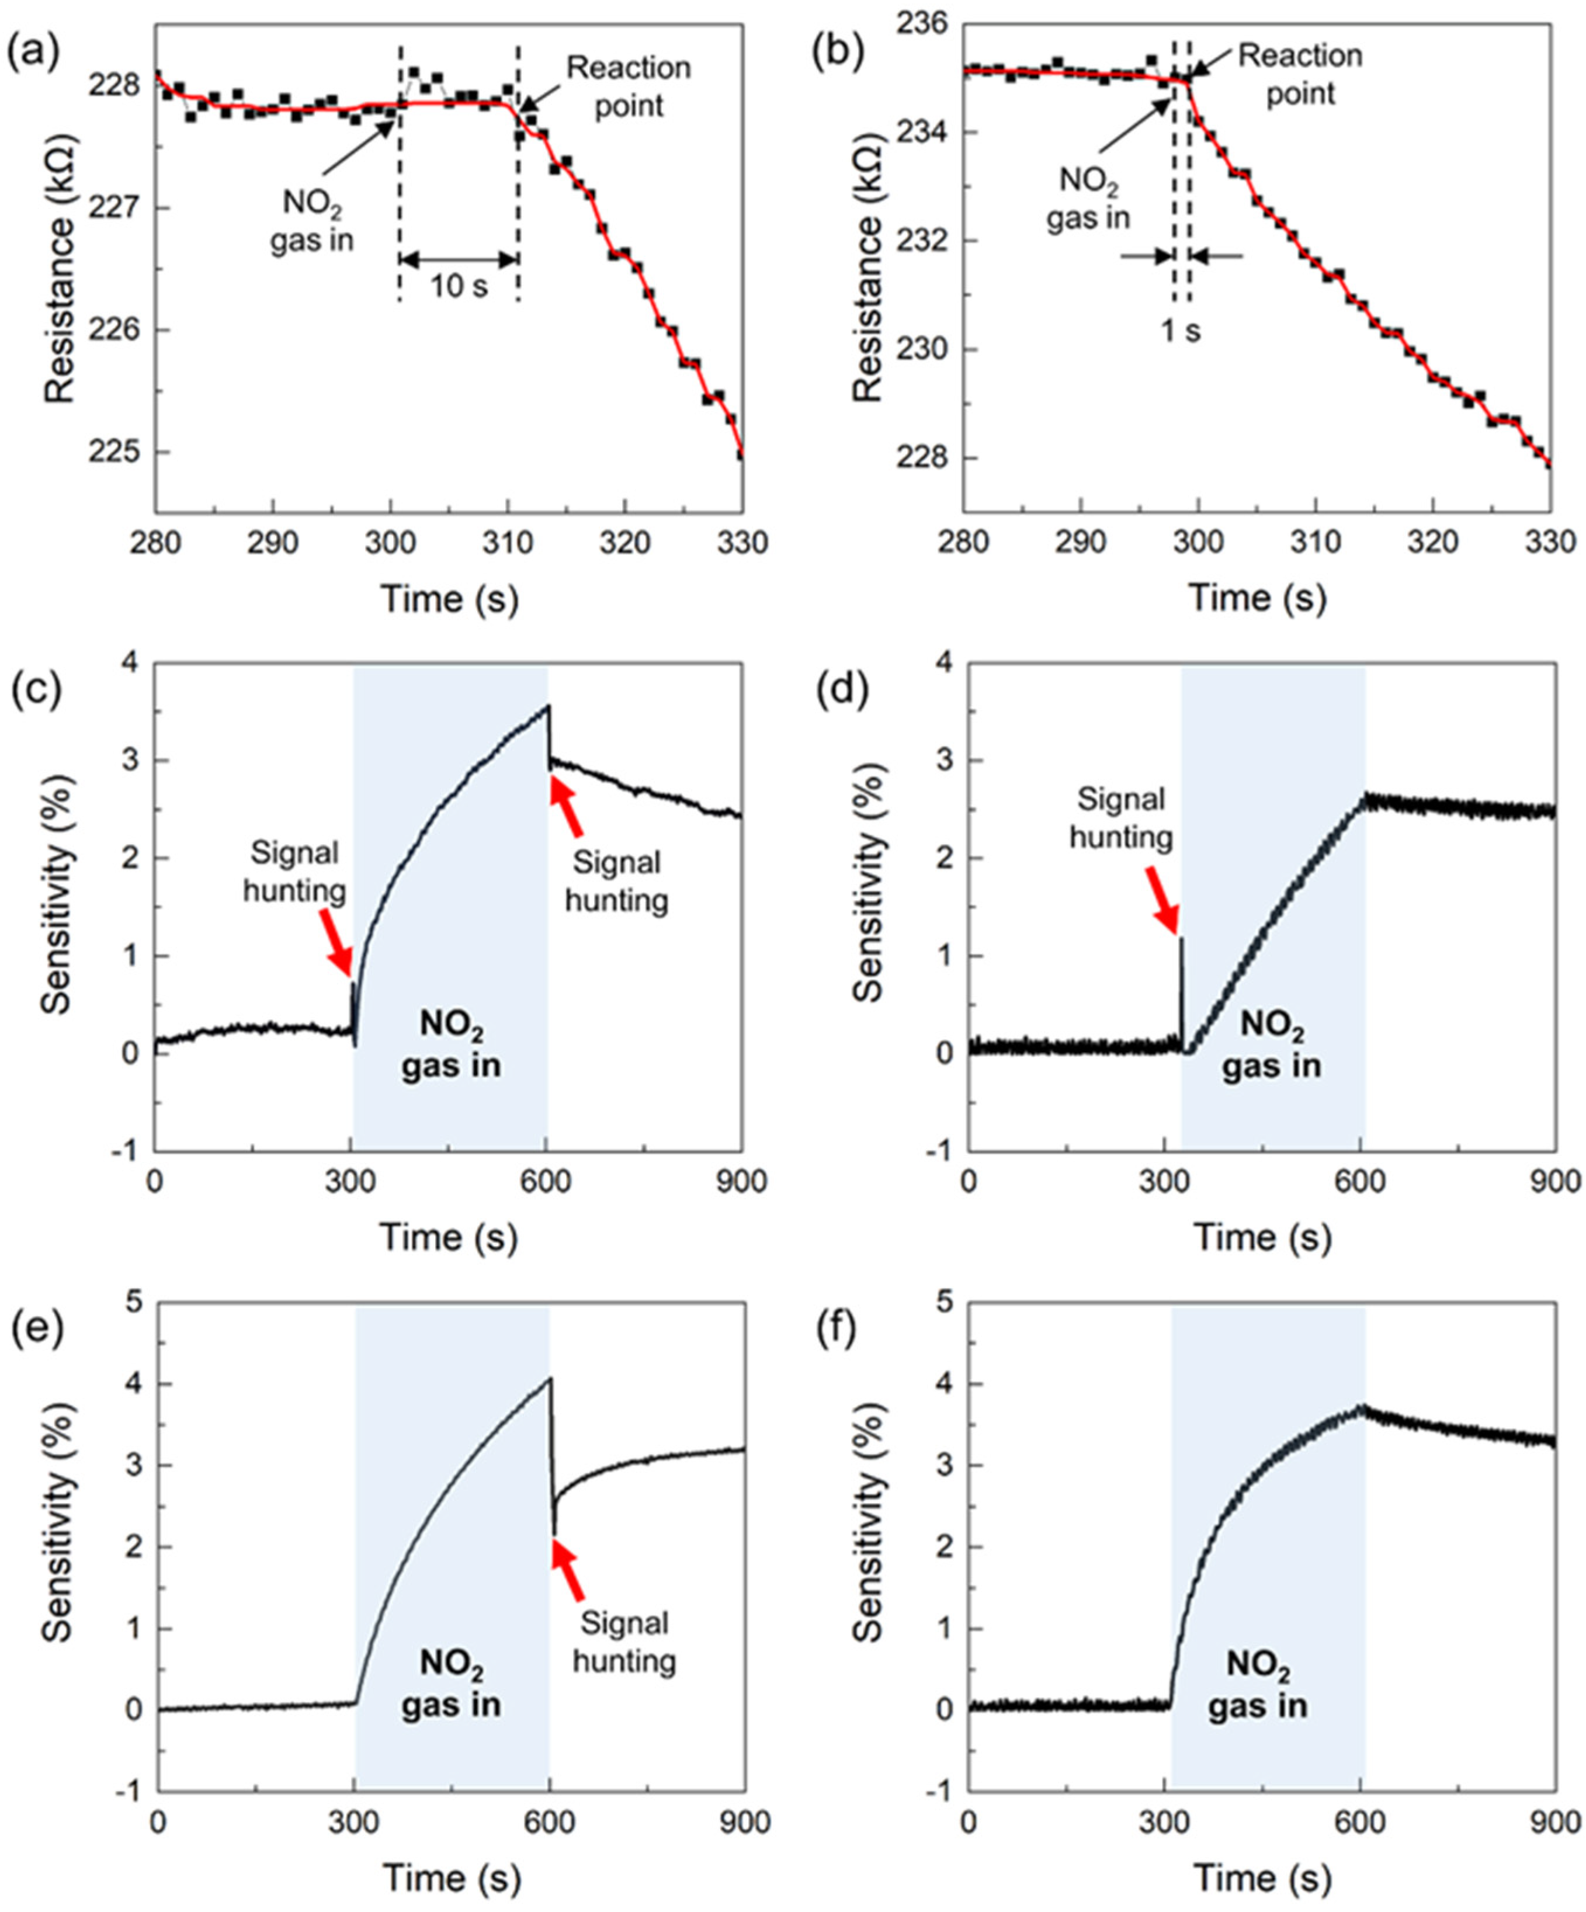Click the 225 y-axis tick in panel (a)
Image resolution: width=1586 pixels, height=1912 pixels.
[116, 453]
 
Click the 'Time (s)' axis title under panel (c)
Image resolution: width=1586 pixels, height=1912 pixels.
[448, 1238]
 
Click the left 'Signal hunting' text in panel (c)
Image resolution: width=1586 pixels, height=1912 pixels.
[294, 872]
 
